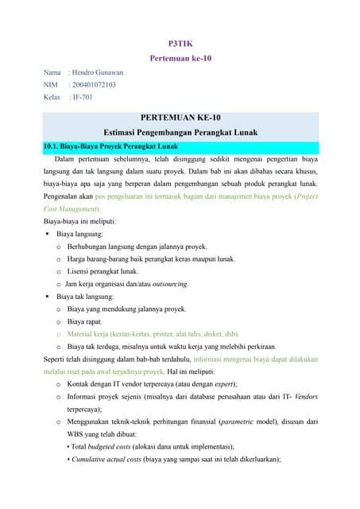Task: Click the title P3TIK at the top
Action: [x=180, y=42]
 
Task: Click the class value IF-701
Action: [x=82, y=98]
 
